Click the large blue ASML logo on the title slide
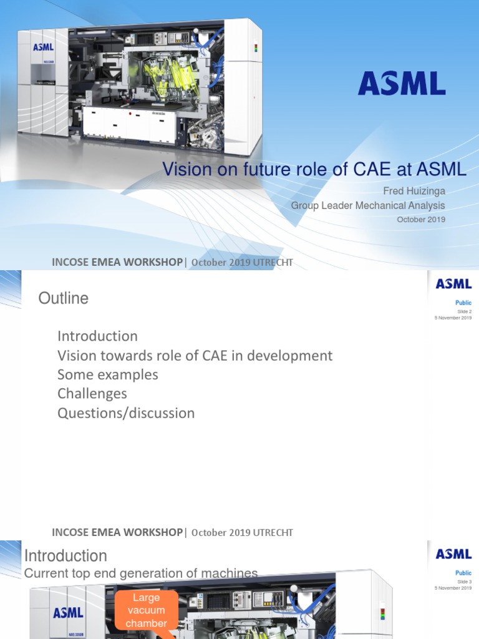coord(402,84)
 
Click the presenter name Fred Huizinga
coord(415,192)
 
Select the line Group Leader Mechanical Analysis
coord(368,205)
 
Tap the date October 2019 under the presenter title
coord(421,219)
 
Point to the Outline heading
coord(64,298)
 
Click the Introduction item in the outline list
coord(97,336)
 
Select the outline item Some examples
coord(107,374)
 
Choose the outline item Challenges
coord(92,394)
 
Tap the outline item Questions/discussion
coord(126,413)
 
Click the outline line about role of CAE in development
coord(195,355)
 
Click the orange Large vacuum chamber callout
coord(146,611)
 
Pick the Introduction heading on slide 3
coord(65,555)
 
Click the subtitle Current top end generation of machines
coord(140,573)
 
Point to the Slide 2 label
coord(465,311)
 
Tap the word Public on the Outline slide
coord(463,303)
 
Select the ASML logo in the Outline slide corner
coord(453,285)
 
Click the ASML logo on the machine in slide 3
coord(68,612)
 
